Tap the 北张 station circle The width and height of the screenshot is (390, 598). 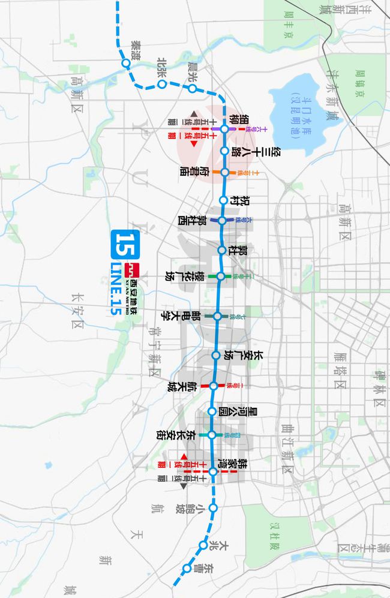pos(162,85)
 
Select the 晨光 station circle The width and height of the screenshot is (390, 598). pos(193,89)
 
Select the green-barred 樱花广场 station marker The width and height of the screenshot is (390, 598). pos(220,277)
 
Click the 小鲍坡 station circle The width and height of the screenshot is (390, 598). pos(212,508)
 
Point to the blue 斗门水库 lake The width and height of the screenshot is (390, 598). pos(300,117)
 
